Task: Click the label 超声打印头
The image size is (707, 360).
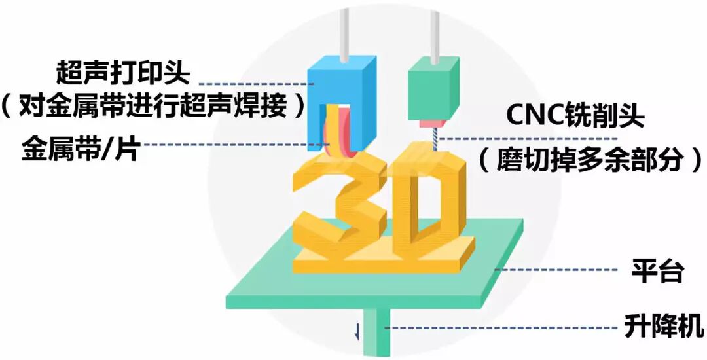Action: (x=122, y=73)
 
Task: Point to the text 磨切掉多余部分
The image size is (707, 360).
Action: (x=590, y=159)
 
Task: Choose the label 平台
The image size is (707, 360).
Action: (x=657, y=270)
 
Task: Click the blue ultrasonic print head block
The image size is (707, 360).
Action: (x=342, y=103)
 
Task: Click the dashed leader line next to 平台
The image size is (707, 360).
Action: (x=556, y=270)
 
